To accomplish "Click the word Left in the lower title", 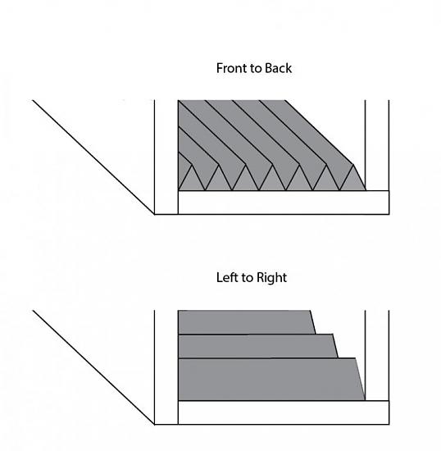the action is click(x=227, y=277).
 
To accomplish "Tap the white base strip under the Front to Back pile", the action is click(x=284, y=203).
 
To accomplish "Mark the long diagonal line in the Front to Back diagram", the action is click(x=93, y=157).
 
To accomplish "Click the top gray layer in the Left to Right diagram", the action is click(x=246, y=322).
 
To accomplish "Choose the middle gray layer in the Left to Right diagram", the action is click(x=257, y=346).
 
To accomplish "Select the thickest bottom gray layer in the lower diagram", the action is click(x=271, y=379).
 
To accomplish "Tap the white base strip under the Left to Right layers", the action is click(x=284, y=412).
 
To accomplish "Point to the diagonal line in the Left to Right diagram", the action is click(x=93, y=367).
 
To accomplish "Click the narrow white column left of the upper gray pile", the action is click(x=166, y=157).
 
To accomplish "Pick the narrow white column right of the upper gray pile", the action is click(x=377, y=145).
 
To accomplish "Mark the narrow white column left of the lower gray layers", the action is click(x=166, y=367).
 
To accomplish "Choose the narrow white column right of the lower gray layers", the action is click(x=377, y=355).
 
